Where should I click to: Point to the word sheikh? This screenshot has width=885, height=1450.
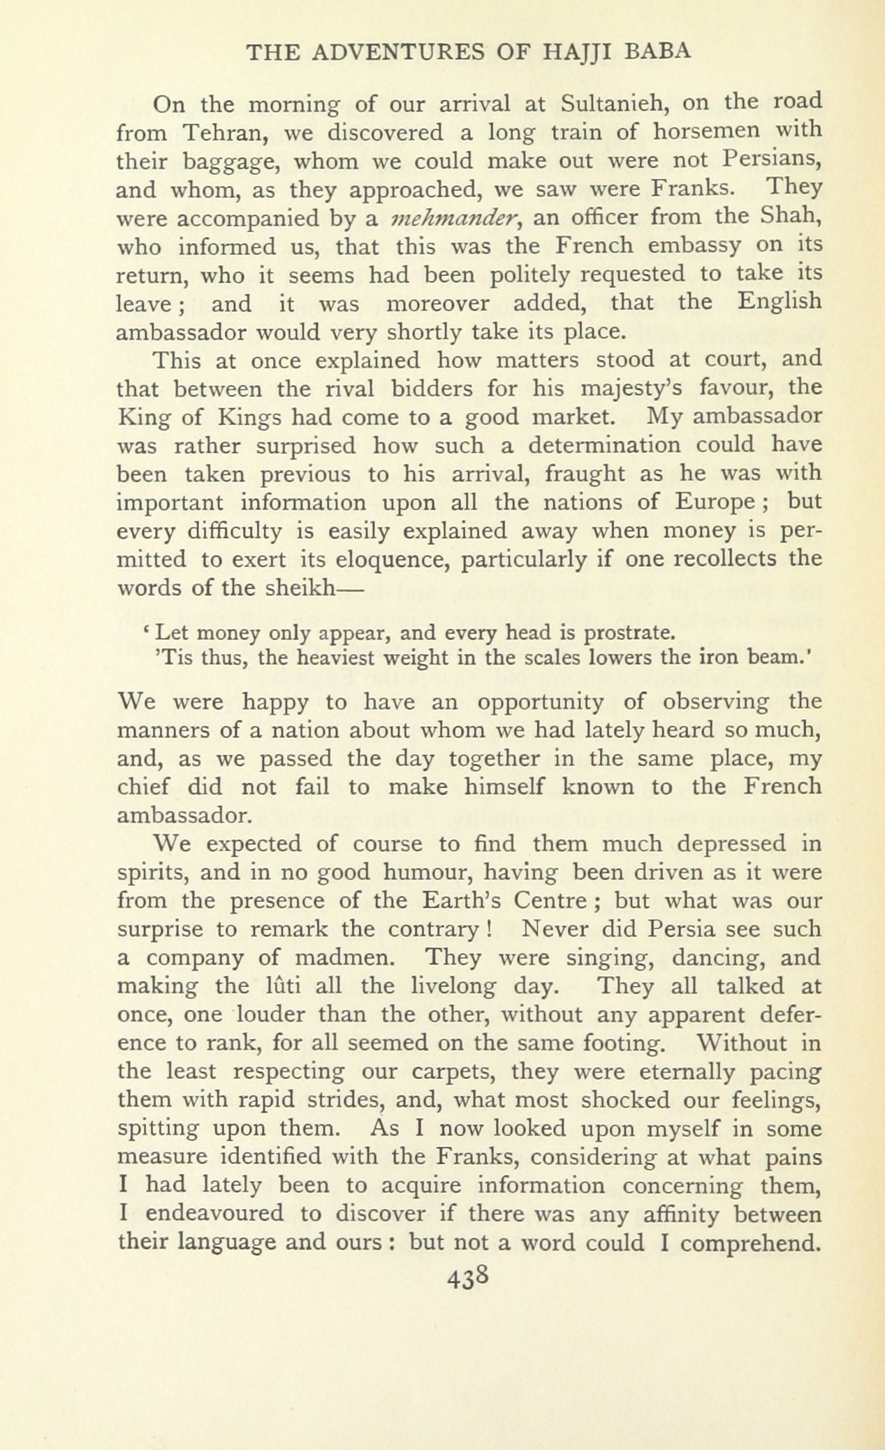298,588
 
